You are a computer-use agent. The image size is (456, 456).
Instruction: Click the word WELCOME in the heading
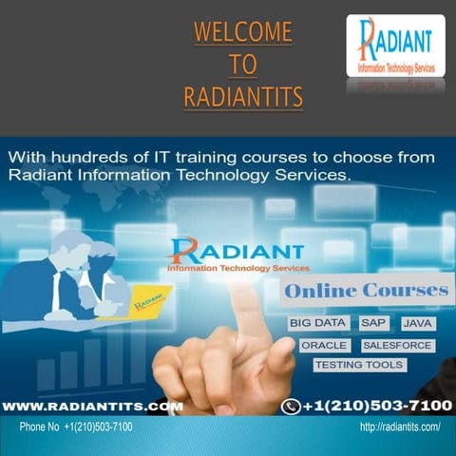pos(243,32)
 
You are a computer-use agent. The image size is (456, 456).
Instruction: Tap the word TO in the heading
pos(243,64)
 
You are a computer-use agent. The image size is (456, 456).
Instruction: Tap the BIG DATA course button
pos(318,324)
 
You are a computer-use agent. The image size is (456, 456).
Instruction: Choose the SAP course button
pos(373,324)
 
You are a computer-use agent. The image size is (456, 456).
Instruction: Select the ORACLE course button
pos(324,345)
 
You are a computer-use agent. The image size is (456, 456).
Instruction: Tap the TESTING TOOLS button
pos(359,365)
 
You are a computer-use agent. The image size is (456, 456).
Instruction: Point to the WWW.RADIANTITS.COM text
pos(92,406)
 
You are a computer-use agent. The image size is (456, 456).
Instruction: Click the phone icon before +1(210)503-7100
pos(292,407)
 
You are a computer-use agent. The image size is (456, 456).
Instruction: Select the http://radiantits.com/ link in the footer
pos(400,427)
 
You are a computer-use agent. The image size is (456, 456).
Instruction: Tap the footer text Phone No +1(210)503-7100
pos(76,427)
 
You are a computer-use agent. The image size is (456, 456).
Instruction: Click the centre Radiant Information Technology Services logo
pos(237,255)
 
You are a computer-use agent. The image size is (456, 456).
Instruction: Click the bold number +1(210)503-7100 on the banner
pos(376,406)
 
